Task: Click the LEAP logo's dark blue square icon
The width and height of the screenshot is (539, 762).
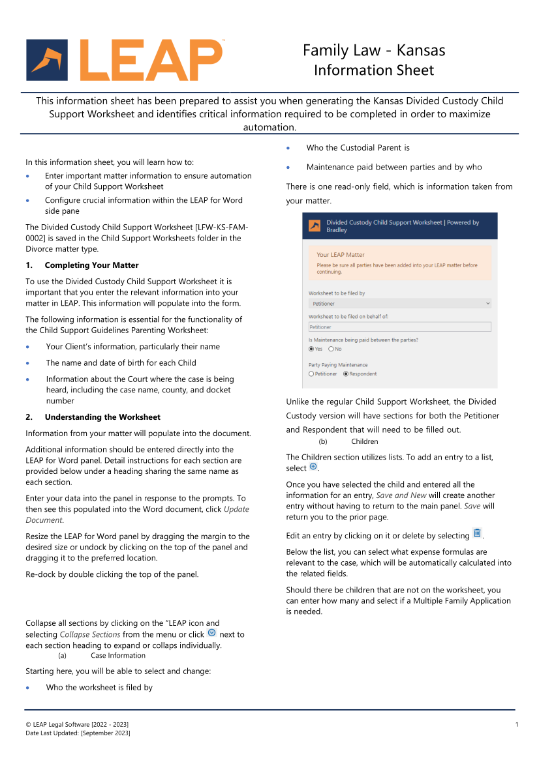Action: (x=47, y=60)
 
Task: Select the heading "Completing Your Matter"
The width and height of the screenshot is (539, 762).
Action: (x=91, y=265)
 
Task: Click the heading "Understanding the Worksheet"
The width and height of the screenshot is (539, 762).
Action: (x=102, y=417)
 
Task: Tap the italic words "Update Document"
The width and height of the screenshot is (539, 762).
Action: (x=137, y=514)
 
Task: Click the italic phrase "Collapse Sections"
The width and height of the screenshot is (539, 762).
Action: (x=90, y=634)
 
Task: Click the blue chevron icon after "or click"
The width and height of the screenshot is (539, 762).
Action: (x=211, y=634)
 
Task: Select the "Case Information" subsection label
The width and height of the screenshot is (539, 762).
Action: (x=118, y=656)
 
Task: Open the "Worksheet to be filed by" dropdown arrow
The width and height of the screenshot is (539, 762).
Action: (x=487, y=304)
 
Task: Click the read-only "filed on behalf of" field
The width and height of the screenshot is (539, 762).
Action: (x=399, y=327)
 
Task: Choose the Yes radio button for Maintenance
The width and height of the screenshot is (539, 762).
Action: (x=311, y=349)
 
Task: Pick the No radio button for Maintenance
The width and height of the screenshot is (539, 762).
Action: (x=331, y=349)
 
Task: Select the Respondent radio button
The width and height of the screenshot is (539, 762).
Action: (x=345, y=374)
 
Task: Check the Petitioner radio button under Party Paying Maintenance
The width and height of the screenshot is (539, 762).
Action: (x=311, y=374)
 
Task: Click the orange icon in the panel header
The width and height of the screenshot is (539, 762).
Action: (x=315, y=226)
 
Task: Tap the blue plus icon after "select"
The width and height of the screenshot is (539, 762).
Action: (x=313, y=467)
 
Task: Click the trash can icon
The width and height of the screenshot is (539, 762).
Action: (x=477, y=534)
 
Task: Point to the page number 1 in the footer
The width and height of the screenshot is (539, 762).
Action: (x=516, y=725)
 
